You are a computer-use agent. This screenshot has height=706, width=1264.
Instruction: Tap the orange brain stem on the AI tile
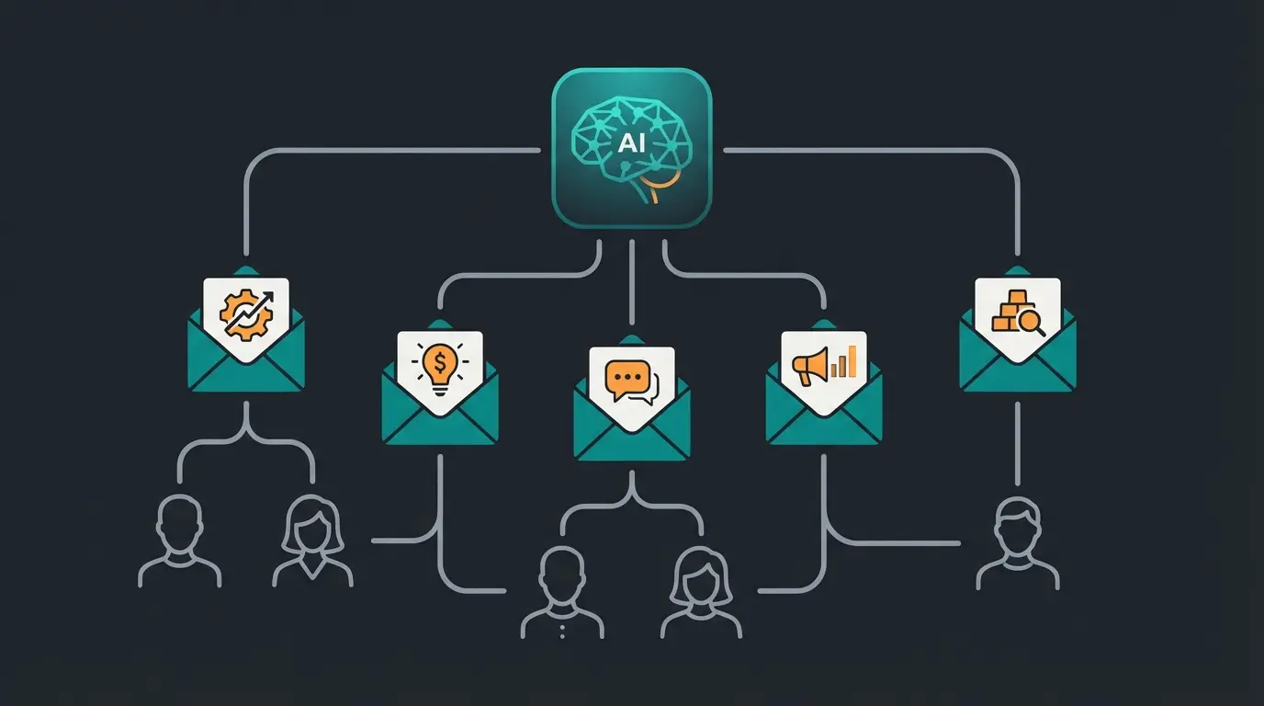coord(654,190)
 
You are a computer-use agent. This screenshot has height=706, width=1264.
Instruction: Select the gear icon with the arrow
coord(243,313)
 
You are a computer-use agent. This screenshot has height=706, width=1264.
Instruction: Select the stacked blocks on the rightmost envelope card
coord(1009,312)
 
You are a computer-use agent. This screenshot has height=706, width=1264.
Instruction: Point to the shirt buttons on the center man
coord(562,627)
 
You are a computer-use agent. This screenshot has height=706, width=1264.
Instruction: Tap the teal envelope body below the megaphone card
coord(824,432)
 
